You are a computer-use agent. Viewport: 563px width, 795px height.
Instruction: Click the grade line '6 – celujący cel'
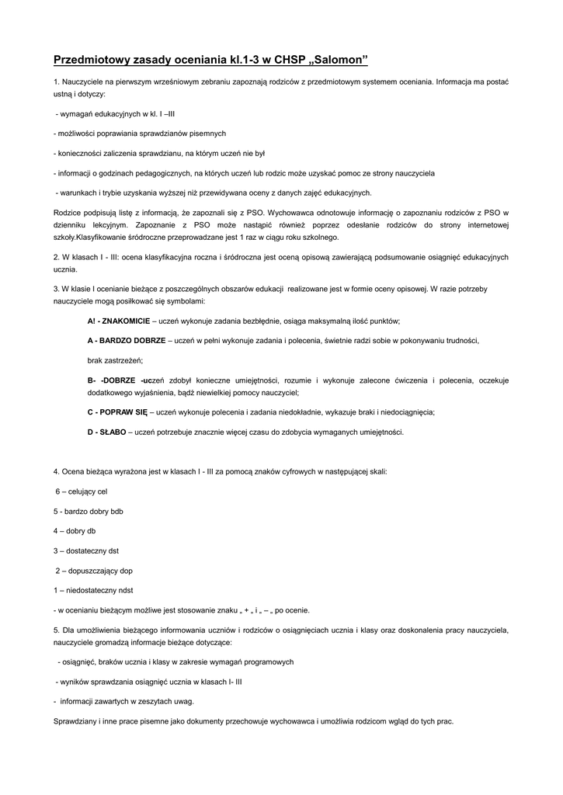coord(82,491)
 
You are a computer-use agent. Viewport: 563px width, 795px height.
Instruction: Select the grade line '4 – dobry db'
coord(75,531)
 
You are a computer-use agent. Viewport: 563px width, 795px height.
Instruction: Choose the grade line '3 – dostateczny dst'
coord(85,550)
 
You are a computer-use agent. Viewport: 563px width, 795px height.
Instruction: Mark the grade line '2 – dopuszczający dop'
coord(94,571)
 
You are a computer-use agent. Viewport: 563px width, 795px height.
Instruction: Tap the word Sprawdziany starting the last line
coord(75,721)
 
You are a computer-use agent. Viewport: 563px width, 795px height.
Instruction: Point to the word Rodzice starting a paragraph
coord(68,213)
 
